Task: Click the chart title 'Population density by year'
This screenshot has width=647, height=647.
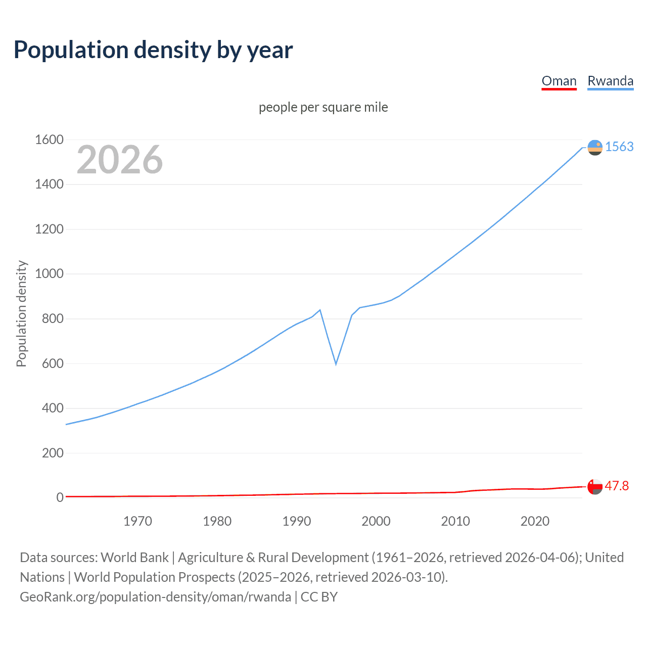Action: [153, 50]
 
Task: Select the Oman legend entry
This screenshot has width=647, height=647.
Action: [559, 81]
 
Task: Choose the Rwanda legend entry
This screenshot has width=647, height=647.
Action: [610, 81]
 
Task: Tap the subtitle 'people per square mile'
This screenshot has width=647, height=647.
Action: [323, 108]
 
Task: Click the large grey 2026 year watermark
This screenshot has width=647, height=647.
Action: [120, 160]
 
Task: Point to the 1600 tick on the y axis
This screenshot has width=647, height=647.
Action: [49, 140]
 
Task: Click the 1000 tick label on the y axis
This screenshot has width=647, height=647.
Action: [49, 274]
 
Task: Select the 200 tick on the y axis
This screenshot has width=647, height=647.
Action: [53, 453]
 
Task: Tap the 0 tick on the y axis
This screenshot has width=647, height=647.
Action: [60, 498]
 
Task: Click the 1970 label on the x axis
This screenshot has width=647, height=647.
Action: [137, 521]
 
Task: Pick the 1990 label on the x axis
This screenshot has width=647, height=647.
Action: [297, 521]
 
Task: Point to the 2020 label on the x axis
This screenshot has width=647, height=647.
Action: [535, 521]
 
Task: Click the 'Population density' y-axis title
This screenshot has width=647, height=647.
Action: [21, 313]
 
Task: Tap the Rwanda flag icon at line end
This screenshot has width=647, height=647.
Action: [595, 148]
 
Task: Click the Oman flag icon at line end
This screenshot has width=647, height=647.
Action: [595, 487]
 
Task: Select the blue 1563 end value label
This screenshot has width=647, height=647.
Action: [619, 147]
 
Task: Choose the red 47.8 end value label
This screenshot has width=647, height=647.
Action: [617, 486]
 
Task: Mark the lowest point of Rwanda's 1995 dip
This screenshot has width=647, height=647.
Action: [336, 364]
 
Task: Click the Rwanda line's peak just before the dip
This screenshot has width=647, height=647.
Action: [320, 310]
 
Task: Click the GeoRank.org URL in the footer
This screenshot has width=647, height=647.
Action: [155, 597]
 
